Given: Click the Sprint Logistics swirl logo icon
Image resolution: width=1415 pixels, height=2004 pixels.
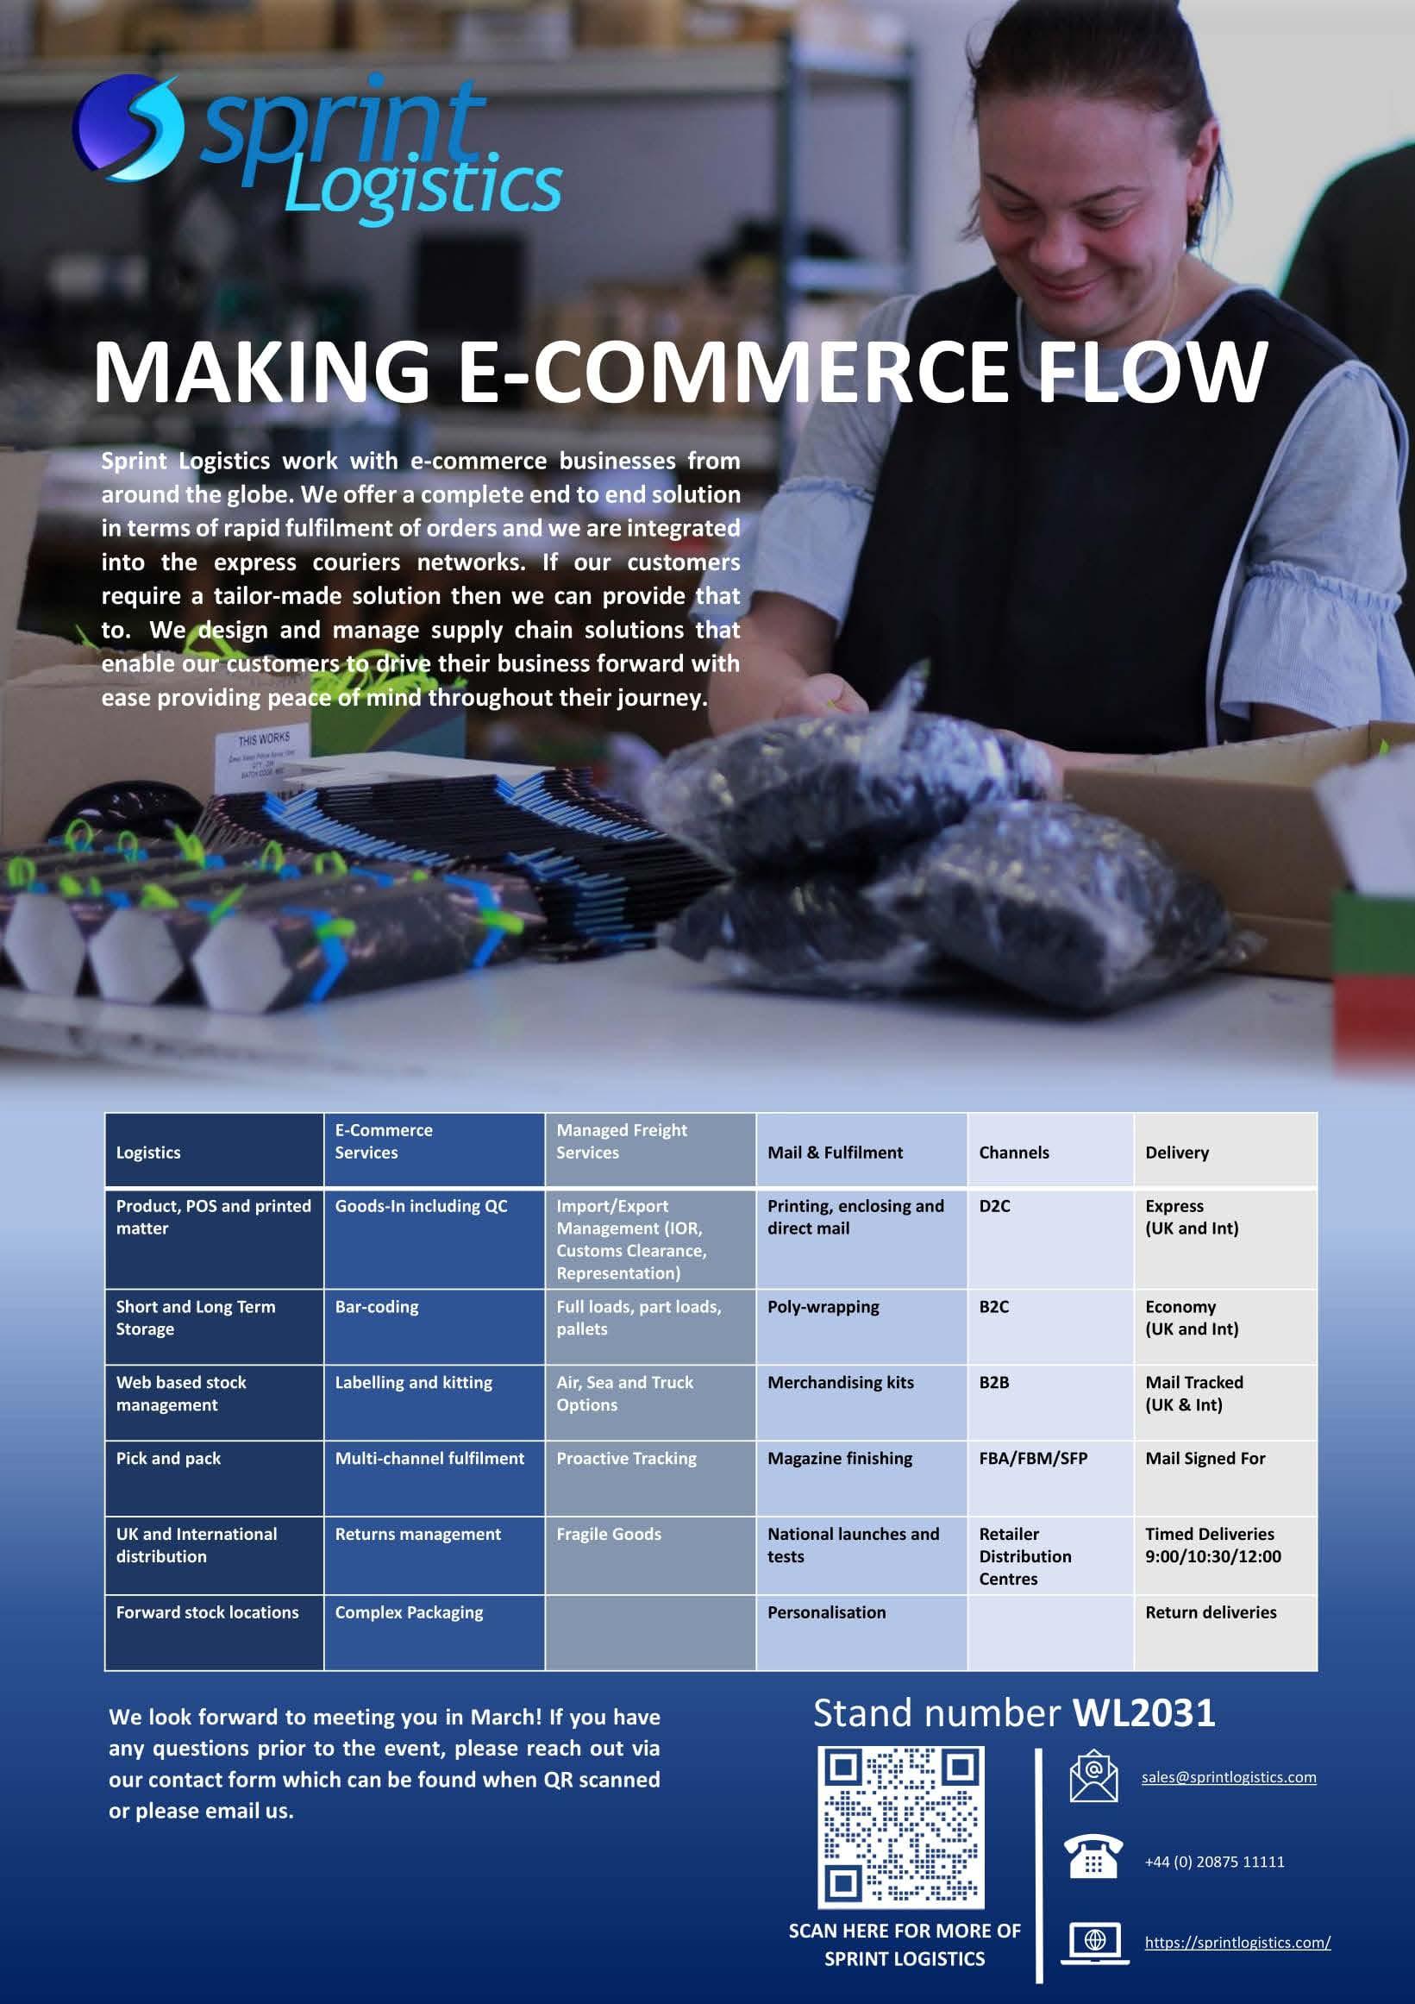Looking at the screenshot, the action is click(129, 128).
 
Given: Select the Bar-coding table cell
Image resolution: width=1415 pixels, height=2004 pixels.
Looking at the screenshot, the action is click(377, 1307).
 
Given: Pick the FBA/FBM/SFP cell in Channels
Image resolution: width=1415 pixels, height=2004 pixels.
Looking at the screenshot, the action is click(1033, 1458).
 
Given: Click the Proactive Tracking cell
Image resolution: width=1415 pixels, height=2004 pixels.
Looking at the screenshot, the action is click(626, 1458).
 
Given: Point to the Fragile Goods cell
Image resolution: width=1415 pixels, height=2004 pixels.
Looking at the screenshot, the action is click(609, 1534).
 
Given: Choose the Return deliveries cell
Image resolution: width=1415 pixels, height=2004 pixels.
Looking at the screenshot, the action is click(1210, 1612).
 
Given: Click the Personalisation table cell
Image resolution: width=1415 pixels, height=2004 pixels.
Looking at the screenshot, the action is click(826, 1612).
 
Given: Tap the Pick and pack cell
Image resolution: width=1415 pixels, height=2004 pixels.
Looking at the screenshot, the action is click(168, 1458).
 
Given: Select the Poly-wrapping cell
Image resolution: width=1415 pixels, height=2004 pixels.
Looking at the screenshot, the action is click(823, 1307).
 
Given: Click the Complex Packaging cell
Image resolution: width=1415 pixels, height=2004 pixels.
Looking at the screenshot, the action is click(408, 1612).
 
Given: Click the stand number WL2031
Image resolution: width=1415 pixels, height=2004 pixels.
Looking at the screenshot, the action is click(1143, 1713).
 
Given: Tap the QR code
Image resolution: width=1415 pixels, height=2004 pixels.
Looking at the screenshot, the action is click(901, 1826).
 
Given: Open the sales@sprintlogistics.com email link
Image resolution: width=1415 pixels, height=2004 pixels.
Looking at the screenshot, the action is click(1228, 1777).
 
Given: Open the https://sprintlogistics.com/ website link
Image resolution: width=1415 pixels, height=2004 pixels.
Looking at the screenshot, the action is click(1237, 1942).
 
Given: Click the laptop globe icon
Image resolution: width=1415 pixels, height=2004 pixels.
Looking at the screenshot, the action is click(1094, 1942).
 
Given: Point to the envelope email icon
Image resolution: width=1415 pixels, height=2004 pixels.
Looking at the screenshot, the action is click(1093, 1776).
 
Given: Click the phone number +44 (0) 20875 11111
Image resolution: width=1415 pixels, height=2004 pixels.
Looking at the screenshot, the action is click(1214, 1862).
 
